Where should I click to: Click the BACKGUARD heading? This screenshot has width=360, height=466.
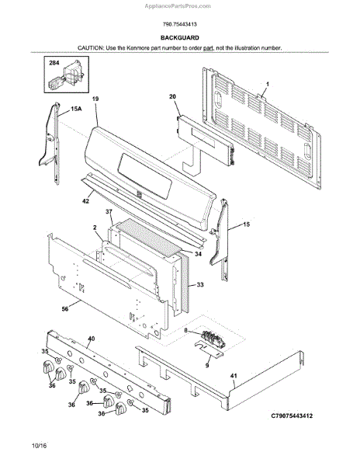[180, 38]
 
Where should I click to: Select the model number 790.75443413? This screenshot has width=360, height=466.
[179, 24]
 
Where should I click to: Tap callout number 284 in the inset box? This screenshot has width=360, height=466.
[54, 63]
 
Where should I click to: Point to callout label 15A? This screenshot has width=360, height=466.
[76, 109]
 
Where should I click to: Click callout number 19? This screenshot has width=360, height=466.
[95, 99]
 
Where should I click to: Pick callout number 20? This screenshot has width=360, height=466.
[172, 96]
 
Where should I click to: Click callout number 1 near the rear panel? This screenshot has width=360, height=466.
[267, 85]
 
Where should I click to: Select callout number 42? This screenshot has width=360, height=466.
[85, 201]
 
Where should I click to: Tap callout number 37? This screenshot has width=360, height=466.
[109, 211]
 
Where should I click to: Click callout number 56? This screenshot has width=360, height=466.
[65, 309]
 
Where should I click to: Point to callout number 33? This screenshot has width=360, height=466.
[200, 285]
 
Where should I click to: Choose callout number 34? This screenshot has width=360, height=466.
[199, 254]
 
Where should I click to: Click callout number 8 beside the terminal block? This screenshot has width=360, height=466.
[185, 330]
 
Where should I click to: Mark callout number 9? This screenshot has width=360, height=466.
[207, 365]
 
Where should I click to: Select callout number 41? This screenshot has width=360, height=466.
[234, 376]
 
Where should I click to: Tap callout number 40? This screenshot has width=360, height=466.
[92, 339]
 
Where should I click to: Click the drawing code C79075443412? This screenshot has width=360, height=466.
[292, 416]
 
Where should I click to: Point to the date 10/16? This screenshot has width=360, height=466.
[40, 446]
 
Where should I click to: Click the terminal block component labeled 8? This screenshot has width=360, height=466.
[213, 339]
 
